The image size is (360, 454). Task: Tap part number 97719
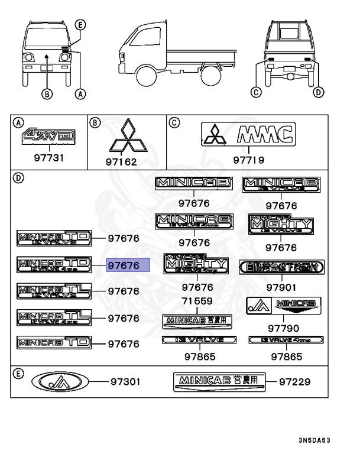point(248,160)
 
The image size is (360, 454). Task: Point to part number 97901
point(282,287)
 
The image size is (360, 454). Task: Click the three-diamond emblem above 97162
point(125,141)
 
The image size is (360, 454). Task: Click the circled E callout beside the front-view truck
point(81,24)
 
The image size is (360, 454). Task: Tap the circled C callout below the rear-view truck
point(256,92)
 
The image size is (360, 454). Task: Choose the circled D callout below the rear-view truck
point(319,92)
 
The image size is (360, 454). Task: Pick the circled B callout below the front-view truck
point(47,93)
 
